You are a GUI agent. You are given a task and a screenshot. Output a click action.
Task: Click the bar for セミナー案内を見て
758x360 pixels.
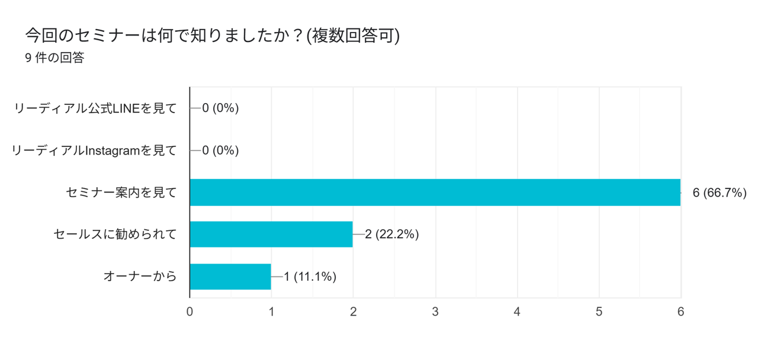pos(435,192)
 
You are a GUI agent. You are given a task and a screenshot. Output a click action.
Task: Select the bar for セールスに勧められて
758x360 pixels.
pos(271,234)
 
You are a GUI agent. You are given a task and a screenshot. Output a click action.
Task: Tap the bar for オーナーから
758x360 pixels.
pos(230,277)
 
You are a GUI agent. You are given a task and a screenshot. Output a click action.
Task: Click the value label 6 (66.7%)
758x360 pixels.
pos(719,192)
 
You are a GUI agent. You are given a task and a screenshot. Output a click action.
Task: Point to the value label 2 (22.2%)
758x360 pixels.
pos(392,234)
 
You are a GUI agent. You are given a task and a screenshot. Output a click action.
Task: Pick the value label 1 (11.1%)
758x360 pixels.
pos(310,277)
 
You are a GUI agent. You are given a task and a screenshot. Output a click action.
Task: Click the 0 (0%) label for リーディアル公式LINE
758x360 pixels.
pos(220,108)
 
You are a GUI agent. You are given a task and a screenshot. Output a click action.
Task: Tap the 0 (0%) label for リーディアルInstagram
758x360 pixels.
pos(220,150)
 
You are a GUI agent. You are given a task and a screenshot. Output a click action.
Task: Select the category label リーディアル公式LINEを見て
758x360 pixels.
pos(95,108)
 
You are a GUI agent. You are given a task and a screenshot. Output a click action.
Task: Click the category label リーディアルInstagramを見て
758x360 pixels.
pos(94,150)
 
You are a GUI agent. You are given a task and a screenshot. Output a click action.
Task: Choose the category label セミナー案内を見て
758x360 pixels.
pos(121,192)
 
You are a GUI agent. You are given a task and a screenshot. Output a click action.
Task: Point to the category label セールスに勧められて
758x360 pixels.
pos(115,234)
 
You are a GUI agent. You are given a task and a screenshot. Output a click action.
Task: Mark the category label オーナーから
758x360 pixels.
pos(140,277)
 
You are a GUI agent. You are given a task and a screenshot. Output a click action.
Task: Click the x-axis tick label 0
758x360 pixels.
pos(189,311)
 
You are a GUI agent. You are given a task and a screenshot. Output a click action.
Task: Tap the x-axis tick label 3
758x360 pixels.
pos(435,311)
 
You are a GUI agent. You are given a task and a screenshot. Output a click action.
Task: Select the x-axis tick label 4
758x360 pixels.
pos(517,311)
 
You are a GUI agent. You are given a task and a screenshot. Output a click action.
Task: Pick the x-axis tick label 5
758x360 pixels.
pos(599,311)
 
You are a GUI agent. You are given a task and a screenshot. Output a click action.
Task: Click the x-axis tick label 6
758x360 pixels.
pos(680,311)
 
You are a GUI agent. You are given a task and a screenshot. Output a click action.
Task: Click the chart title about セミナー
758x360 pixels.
pos(212,36)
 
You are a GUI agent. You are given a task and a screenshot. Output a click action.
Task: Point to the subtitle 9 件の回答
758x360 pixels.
pos(54,58)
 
